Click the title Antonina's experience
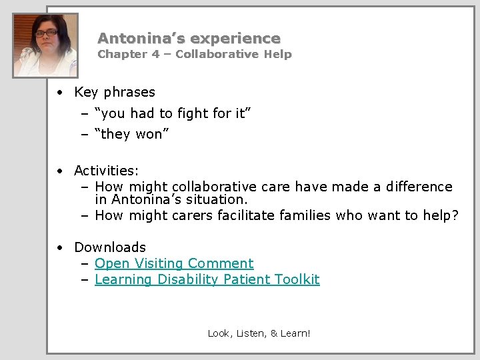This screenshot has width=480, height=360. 189,39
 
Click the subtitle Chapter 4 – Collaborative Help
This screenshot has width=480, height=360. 195,55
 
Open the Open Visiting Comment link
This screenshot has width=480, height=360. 174,263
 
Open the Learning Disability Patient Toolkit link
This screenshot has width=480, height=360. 207,279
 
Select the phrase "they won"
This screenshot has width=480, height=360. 133,134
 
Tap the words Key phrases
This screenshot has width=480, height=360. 115,92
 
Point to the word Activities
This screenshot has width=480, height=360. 106,171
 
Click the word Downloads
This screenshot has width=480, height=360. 110,247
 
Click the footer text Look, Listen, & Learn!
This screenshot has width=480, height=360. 259,333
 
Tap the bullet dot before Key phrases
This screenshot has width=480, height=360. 60,93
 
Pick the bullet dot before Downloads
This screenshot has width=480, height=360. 60,248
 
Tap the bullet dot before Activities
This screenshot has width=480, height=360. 60,172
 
